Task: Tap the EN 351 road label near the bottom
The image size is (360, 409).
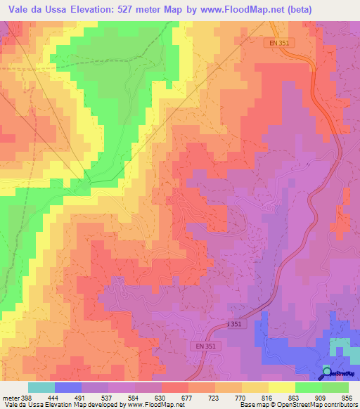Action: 204,346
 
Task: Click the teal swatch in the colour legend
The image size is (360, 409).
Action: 41,387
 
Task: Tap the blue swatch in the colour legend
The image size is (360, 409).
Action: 68,387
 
